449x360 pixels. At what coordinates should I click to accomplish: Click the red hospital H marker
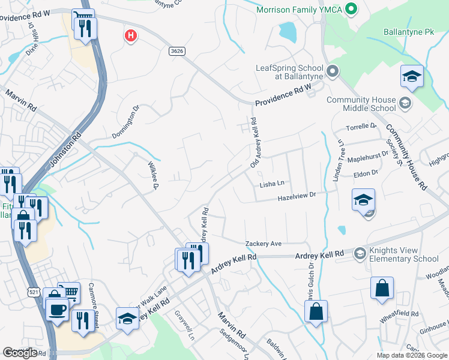tap(130, 37)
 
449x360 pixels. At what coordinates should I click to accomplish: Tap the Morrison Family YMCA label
tap(298, 10)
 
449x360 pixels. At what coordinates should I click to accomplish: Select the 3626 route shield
tap(176, 52)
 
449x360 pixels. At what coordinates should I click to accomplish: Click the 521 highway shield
tap(34, 291)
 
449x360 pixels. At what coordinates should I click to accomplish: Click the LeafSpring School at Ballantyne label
tap(289, 72)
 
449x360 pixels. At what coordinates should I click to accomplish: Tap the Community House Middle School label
tap(361, 104)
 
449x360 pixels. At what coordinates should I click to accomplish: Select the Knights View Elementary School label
tap(403, 255)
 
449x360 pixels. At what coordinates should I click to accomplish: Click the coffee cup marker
tap(58, 310)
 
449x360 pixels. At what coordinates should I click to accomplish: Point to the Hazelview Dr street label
tap(296, 198)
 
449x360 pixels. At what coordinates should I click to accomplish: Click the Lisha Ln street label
tap(271, 184)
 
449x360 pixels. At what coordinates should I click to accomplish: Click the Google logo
tap(20, 353)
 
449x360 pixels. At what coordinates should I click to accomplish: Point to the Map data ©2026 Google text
tap(411, 355)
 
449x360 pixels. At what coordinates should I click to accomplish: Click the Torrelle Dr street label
tap(361, 127)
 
